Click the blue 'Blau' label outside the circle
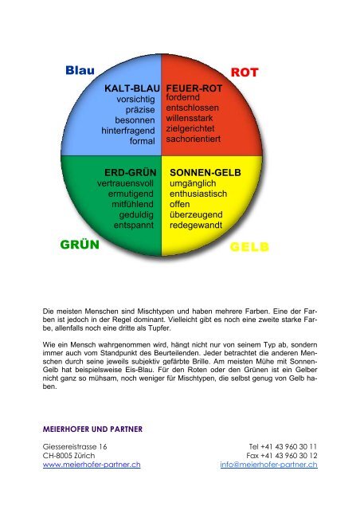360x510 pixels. (x=80, y=71)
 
